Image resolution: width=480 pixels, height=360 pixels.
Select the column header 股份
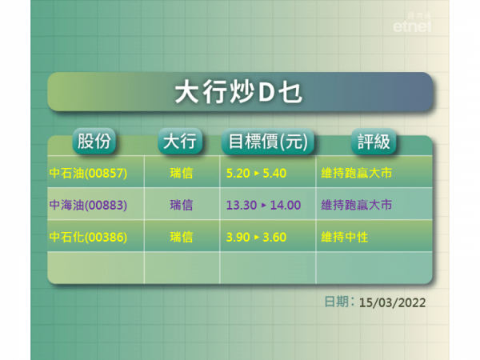click(94, 142)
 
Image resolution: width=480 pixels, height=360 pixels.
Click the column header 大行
click(179, 142)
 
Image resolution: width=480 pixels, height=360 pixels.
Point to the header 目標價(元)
click(268, 142)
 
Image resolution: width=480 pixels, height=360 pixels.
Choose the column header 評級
click(374, 142)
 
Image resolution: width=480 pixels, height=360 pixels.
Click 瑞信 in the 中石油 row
click(182, 173)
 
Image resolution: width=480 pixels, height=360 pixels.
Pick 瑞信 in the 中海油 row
click(182, 205)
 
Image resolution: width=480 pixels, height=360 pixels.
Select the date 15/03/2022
click(392, 302)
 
